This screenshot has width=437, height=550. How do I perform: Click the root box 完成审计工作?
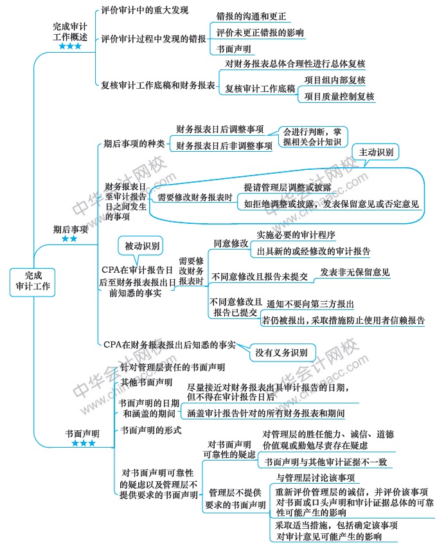32,282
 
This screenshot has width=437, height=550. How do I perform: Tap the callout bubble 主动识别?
376,152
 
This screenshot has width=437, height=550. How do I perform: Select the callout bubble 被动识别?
141,246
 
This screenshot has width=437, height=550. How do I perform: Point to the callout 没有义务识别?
281,353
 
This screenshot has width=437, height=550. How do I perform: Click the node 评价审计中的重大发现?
145,10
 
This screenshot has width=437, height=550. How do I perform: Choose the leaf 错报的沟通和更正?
251,16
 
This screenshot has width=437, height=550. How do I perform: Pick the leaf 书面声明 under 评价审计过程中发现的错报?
233,49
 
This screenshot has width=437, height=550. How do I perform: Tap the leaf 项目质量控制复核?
339,96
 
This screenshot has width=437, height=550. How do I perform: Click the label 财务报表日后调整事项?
220,129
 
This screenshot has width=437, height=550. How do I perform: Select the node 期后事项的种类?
134,144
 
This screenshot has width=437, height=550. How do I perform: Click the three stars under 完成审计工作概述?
70,46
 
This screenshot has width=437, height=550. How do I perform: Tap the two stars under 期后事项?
69,239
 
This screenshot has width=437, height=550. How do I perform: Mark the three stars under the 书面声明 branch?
84,443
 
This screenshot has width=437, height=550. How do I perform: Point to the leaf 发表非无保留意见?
355,272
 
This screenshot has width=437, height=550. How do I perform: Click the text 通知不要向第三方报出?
310,304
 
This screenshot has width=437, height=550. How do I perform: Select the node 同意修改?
231,243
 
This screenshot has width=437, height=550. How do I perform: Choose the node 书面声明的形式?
150,430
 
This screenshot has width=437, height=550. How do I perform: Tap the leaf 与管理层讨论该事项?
316,478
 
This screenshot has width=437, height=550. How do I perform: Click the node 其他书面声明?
146,382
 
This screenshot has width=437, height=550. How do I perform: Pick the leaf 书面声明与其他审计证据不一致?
326,462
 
